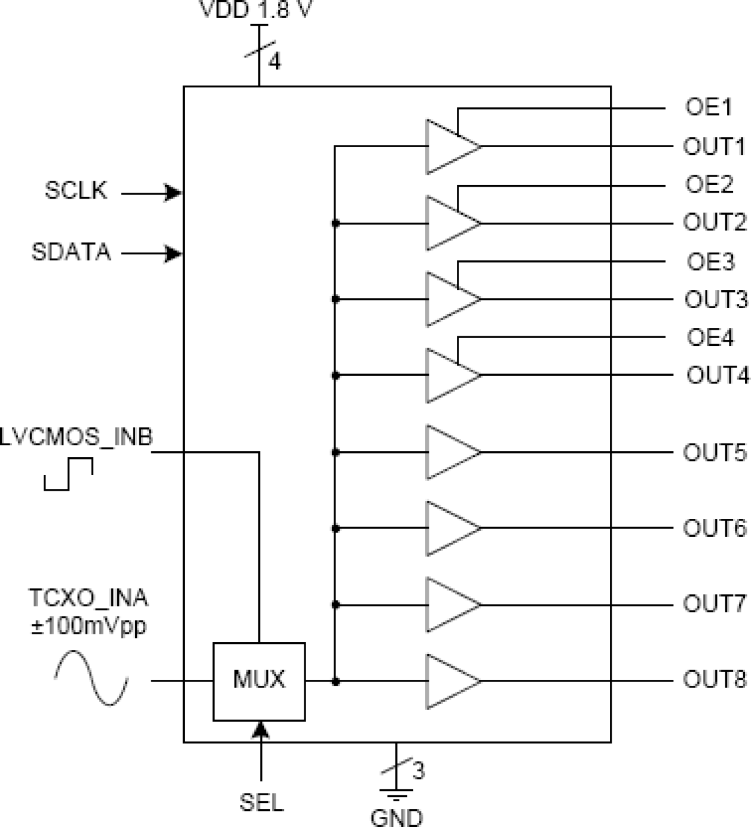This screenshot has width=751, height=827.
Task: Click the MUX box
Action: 259,681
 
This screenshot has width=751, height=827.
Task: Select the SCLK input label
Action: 76,190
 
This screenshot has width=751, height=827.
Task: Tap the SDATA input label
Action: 71,252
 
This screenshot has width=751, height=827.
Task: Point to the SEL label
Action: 261,802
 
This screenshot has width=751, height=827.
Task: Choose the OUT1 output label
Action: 714,147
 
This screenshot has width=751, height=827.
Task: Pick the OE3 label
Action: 710,262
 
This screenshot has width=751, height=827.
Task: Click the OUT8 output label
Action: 715,680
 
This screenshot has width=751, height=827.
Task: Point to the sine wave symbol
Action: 91,678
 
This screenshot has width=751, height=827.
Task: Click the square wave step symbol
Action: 69,474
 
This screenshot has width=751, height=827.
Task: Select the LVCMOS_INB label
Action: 76,437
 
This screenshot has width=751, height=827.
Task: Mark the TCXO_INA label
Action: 88,598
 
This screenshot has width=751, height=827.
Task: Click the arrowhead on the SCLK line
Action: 173,193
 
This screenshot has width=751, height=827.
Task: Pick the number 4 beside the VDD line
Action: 274,61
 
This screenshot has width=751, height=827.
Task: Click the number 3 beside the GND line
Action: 419,770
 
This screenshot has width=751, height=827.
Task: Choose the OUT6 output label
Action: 715,528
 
